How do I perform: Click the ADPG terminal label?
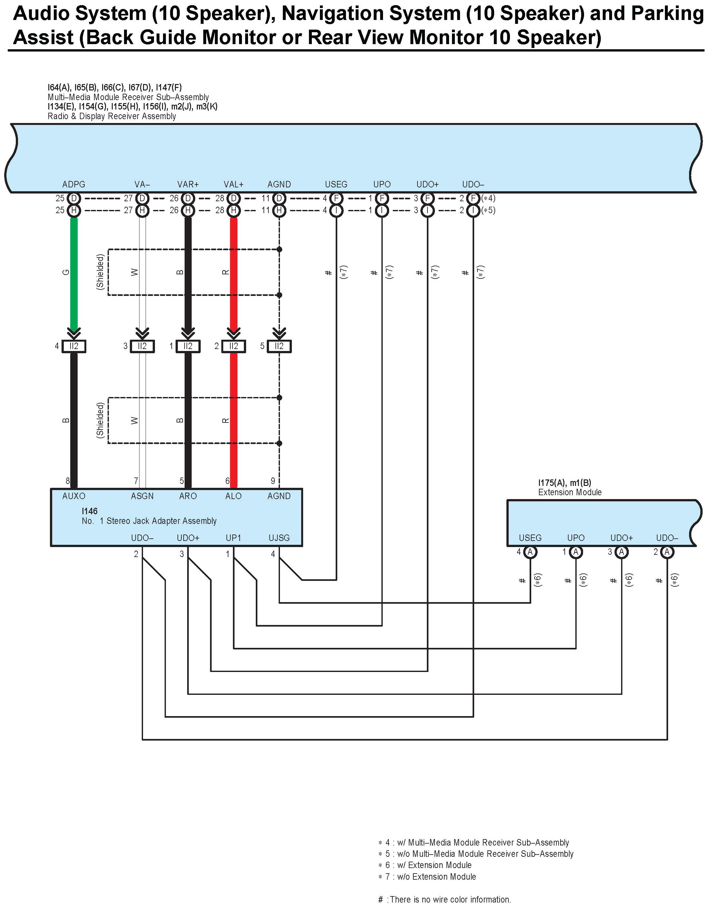click(x=74, y=184)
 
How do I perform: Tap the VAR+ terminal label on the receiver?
click(x=188, y=184)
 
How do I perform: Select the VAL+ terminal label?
click(x=233, y=184)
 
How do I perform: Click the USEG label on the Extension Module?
click(x=530, y=538)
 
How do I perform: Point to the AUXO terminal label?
click(x=74, y=496)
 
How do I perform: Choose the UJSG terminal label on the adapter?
click(x=279, y=538)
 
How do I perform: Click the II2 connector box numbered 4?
click(x=74, y=346)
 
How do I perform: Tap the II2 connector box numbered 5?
click(x=279, y=346)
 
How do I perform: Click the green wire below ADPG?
click(x=74, y=272)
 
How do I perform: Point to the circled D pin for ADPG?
click(x=74, y=198)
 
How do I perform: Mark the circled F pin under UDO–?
click(x=473, y=198)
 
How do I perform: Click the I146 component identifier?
click(x=90, y=511)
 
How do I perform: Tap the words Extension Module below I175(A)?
click(x=570, y=492)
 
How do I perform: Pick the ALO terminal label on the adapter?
click(x=233, y=496)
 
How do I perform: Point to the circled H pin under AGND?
click(x=279, y=210)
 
